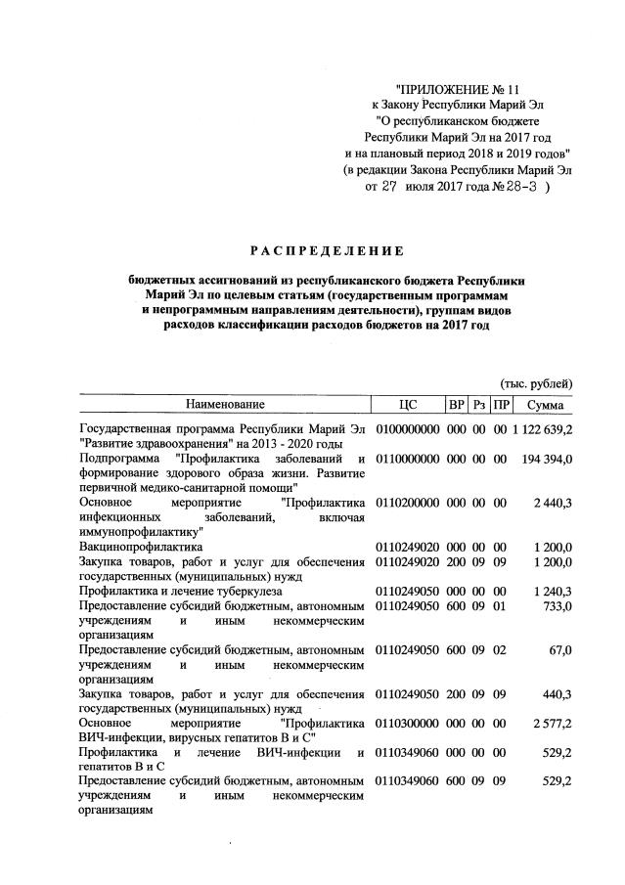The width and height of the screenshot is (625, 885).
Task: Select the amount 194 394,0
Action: click(x=550, y=459)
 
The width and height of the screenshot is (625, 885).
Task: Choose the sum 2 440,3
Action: click(x=553, y=503)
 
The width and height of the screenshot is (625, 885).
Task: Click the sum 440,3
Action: click(x=558, y=693)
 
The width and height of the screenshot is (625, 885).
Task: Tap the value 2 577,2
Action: click(x=553, y=723)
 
